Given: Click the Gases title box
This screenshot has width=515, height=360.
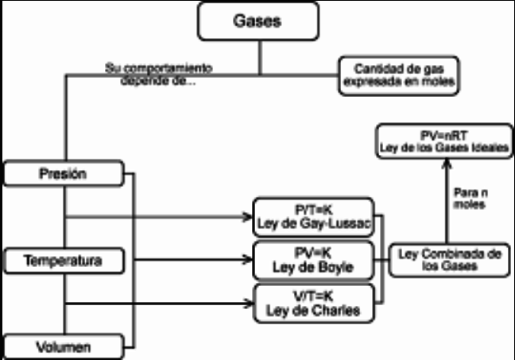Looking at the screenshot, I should pos(259,21).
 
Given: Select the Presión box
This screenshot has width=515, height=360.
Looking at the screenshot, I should pos(64,172).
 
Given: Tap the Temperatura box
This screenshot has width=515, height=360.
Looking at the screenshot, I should pos(64,260).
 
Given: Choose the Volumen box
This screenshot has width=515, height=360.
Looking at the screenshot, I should pos(64,347).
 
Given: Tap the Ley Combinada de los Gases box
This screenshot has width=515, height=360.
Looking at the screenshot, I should pos(449,260).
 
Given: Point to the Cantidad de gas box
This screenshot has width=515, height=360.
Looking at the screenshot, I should pos(398,75).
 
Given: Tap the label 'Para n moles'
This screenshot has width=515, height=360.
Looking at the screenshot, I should pos(468,199).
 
